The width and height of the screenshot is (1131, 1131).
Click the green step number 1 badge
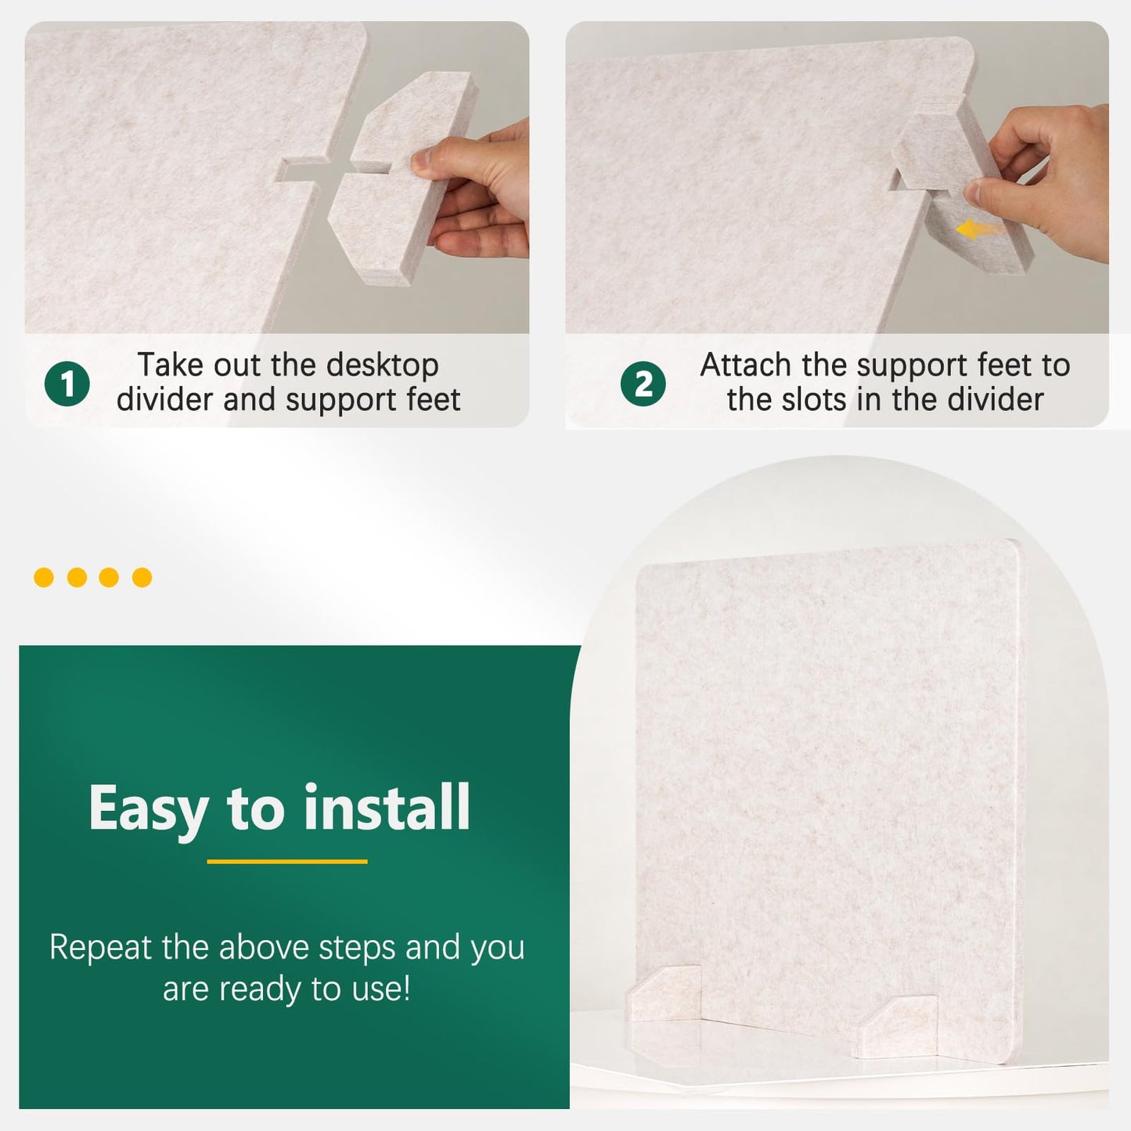pyautogui.click(x=67, y=384)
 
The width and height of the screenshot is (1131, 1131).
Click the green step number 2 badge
pyautogui.click(x=643, y=384)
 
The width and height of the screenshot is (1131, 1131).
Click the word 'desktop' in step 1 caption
pyautogui.click(x=382, y=365)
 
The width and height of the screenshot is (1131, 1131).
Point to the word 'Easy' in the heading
pyautogui.click(x=149, y=809)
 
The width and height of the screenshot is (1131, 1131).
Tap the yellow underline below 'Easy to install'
pyautogui.click(x=287, y=862)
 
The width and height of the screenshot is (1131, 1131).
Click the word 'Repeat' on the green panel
pyautogui.click(x=99, y=948)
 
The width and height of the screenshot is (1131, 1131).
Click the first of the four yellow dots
pyautogui.click(x=44, y=578)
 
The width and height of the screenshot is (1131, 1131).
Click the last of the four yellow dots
pyautogui.click(x=142, y=578)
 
